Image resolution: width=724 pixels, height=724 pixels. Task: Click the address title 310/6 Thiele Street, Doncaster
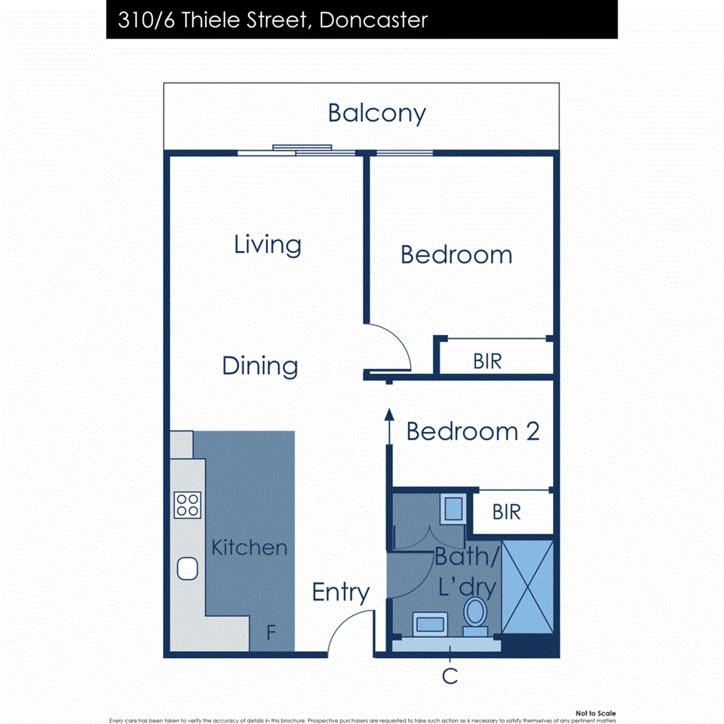(273, 19)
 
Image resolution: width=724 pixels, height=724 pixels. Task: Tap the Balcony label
(377, 113)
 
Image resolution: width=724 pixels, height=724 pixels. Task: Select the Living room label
(268, 245)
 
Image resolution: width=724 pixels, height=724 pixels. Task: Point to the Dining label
(260, 366)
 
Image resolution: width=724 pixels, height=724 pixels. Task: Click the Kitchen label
(249, 548)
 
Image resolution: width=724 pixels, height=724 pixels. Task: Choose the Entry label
(340, 593)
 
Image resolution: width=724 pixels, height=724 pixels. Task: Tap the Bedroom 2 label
(472, 431)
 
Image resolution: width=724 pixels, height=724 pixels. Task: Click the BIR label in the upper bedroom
(488, 361)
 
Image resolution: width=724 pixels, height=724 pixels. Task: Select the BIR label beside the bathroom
(506, 512)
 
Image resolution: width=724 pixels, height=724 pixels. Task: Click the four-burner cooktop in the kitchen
(187, 505)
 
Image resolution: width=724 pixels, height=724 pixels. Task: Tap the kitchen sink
(187, 569)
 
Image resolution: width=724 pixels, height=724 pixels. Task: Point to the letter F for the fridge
(271, 633)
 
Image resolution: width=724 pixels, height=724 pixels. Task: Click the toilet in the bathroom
(475, 612)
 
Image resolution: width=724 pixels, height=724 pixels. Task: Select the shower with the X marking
(527, 588)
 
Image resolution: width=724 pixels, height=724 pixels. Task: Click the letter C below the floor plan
(450, 677)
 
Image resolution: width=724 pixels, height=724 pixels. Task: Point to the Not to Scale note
(596, 713)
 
